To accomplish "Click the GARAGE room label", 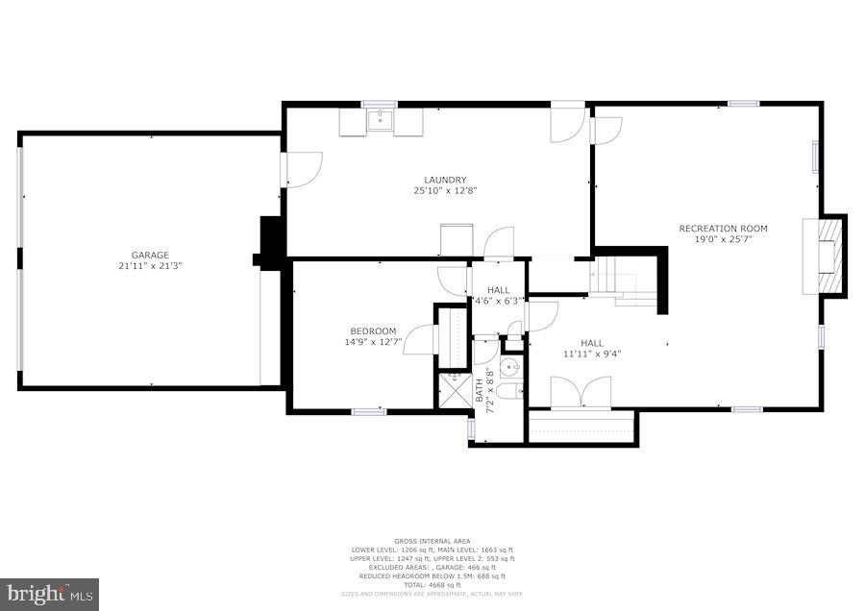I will click(150, 255).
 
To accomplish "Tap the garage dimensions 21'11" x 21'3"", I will click(150, 266).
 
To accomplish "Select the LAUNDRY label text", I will click(445, 180).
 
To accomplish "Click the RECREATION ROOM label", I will click(723, 229).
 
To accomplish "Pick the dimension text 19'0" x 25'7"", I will click(723, 240).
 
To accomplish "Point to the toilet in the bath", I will click(510, 390).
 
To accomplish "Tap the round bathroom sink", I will click(510, 366).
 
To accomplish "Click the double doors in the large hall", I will click(580, 392).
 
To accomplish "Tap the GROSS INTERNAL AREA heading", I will click(432, 541).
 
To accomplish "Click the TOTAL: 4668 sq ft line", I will click(432, 585).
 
